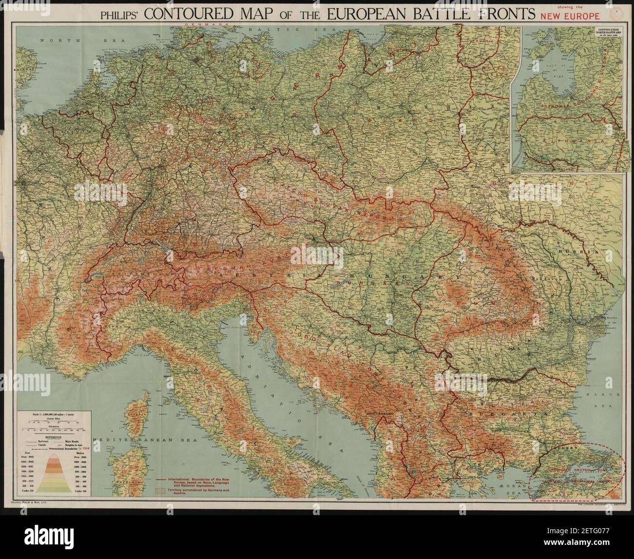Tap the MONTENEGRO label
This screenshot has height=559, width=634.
coord(376,413)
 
